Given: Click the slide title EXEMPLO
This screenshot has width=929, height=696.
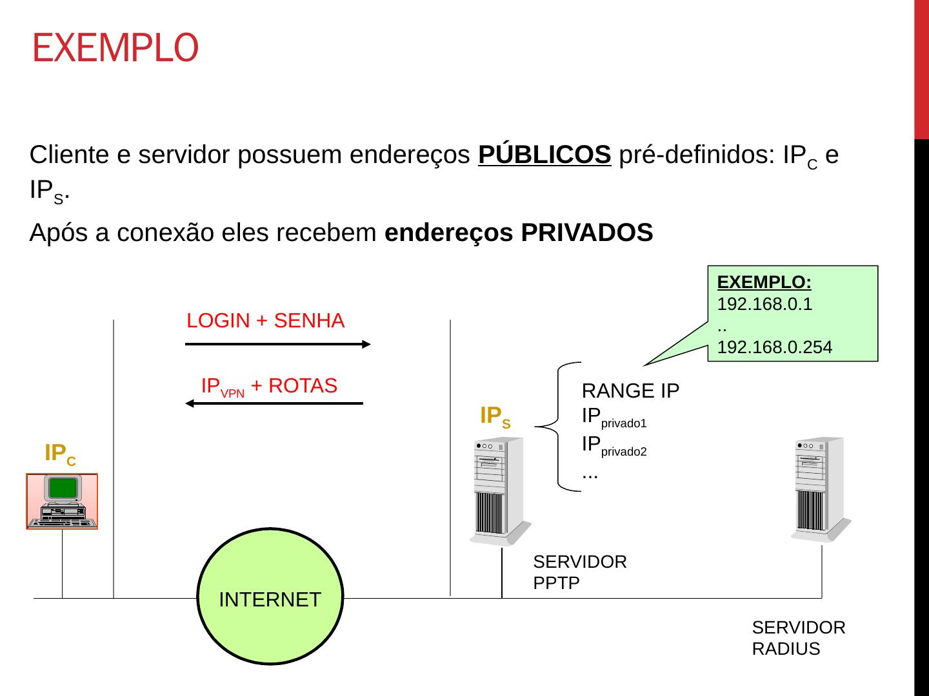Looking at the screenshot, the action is pos(115,48).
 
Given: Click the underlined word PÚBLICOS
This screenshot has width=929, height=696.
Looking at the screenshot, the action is pos(544,155).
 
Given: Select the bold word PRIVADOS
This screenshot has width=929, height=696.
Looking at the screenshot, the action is pos(586,233).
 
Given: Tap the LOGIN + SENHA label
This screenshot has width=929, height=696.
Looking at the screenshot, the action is pos(265,320).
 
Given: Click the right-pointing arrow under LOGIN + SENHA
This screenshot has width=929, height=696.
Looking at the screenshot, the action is pos(277,344).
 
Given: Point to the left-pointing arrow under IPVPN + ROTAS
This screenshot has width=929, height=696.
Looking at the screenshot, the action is pos(274,403).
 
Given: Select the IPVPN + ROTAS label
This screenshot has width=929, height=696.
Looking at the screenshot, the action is pos(269,386).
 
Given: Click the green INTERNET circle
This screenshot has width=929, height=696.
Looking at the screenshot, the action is pos(270,597).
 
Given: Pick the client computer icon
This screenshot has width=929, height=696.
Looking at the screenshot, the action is pos(62,501).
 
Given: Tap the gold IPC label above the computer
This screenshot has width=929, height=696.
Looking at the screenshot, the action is pos(60,454).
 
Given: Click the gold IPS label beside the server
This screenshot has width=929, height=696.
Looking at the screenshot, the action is pos(495,416).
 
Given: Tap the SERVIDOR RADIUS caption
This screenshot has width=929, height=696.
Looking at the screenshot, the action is pos(798,638).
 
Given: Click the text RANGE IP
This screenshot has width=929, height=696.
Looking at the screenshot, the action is pos(630,391).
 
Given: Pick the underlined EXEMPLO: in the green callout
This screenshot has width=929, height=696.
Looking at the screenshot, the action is pos(764,282).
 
